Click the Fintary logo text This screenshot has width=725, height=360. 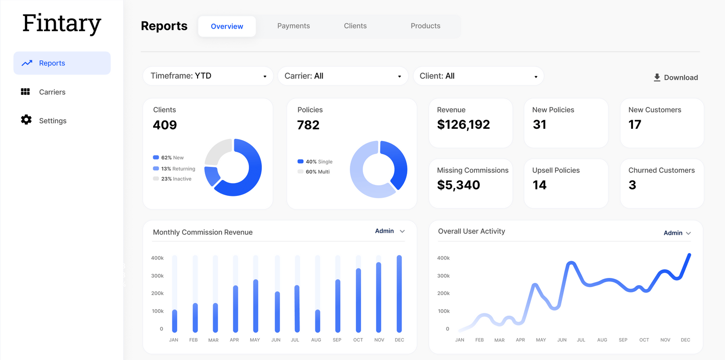(x=62, y=24)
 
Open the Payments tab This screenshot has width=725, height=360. (x=293, y=26)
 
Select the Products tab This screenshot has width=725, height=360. (x=425, y=26)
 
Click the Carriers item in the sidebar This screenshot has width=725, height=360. (x=52, y=92)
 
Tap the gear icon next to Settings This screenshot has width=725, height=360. (x=26, y=120)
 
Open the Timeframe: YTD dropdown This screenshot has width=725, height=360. (x=208, y=76)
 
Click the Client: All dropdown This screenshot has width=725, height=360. (x=478, y=76)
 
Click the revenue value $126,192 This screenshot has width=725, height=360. (x=463, y=125)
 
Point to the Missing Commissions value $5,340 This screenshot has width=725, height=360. (x=458, y=185)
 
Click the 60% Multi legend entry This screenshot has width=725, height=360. (x=317, y=172)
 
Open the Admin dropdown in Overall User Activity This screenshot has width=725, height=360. (x=677, y=233)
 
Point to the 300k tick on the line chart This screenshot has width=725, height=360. (x=443, y=276)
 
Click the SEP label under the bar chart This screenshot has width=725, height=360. (x=337, y=340)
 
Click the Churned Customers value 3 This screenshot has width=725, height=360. (x=632, y=185)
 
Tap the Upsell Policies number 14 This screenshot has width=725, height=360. (x=539, y=185)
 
